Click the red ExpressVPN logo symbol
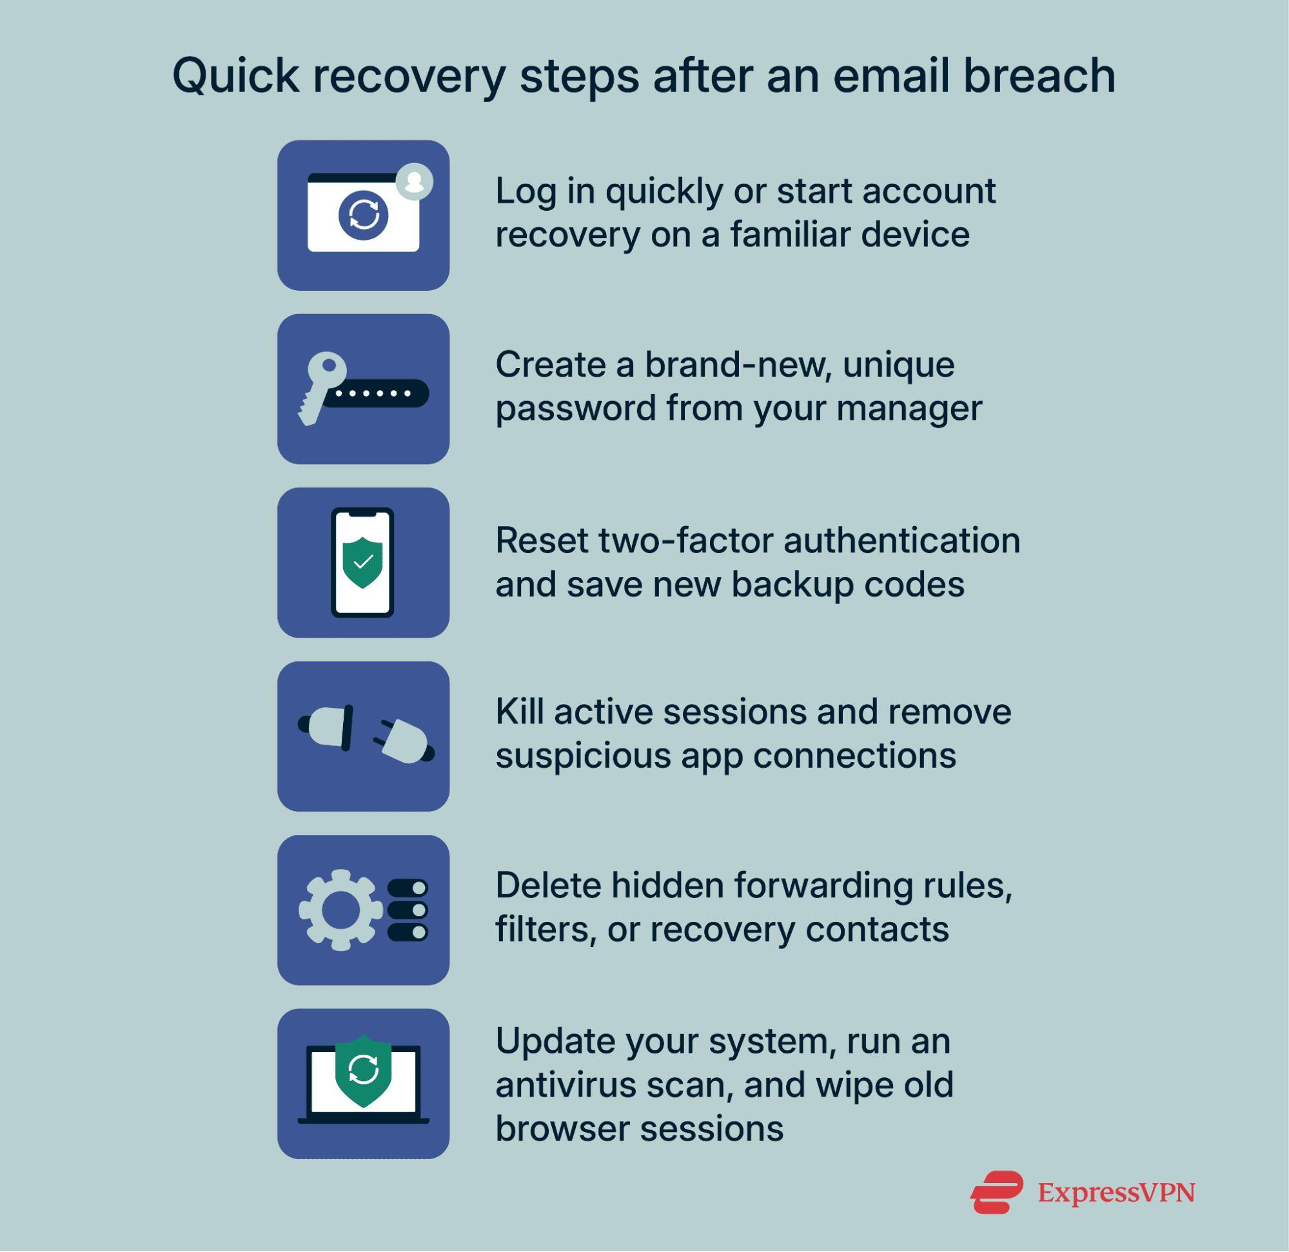click(996, 1192)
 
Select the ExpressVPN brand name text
click(1116, 1192)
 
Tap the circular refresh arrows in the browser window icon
click(363, 215)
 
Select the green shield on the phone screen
click(362, 562)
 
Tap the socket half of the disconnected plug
click(329, 727)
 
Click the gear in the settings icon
click(340, 910)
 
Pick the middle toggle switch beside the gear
click(408, 910)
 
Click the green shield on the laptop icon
click(363, 1070)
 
